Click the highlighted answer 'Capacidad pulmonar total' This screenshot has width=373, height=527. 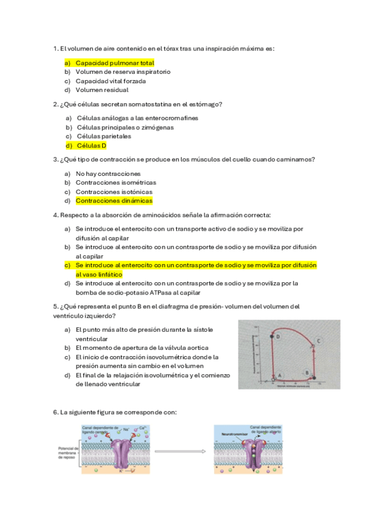click(x=115, y=63)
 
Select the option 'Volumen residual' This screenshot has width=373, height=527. click(x=102, y=89)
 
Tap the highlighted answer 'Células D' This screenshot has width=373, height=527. click(x=91, y=146)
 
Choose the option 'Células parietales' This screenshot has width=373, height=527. click(x=103, y=136)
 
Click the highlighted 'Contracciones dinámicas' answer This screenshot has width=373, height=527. click(x=113, y=201)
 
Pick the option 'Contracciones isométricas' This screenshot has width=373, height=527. click(x=116, y=183)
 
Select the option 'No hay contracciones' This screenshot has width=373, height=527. click(x=108, y=173)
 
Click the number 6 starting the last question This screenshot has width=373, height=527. click(x=55, y=412)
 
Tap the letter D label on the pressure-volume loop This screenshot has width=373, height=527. click(x=278, y=336)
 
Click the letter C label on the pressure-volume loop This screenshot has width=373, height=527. click(x=319, y=340)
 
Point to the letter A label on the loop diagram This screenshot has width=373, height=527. click(x=280, y=375)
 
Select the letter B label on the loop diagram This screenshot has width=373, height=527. click(x=306, y=372)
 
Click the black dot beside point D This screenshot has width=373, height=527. click(x=272, y=336)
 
